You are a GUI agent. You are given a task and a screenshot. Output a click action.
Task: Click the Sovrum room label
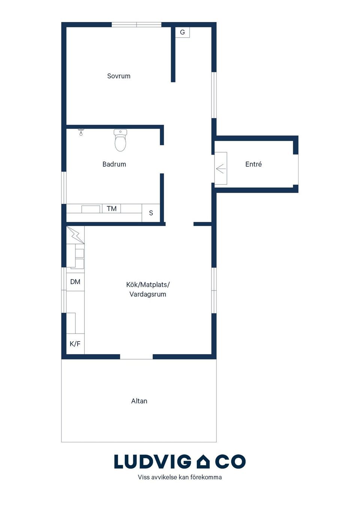tap(118, 76)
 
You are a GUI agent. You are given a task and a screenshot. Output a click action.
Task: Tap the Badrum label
tap(114, 164)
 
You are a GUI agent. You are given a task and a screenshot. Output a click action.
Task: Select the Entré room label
tap(253, 164)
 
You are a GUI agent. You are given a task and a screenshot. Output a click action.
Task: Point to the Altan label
tap(139, 401)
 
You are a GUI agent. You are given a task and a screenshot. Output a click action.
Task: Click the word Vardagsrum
tap(148, 294)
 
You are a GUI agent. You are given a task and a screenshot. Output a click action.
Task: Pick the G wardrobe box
tap(182, 32)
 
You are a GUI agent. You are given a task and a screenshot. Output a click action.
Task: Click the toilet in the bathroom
tap(120, 140)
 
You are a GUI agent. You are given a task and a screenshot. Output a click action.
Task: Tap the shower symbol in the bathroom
tap(81, 132)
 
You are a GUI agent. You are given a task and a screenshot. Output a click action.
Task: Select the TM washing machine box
tap(111, 208)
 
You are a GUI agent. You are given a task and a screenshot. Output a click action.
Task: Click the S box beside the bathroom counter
tap(151, 213)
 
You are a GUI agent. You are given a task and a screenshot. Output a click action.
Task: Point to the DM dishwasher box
tap(75, 282)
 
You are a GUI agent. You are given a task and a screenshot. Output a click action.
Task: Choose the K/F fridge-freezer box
tap(75, 344)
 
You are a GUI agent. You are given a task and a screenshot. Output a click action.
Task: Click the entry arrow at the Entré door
tap(220, 169)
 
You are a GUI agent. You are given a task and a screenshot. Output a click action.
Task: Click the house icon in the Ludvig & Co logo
tap(203, 461)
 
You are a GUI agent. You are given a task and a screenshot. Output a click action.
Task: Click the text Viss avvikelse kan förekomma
tap(180, 477)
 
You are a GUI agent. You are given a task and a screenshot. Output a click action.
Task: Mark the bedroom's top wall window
tap(136, 24)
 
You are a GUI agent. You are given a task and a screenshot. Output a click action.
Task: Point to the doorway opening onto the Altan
tap(136, 356)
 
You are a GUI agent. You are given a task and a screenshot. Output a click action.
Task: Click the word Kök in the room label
tap(132, 284)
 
